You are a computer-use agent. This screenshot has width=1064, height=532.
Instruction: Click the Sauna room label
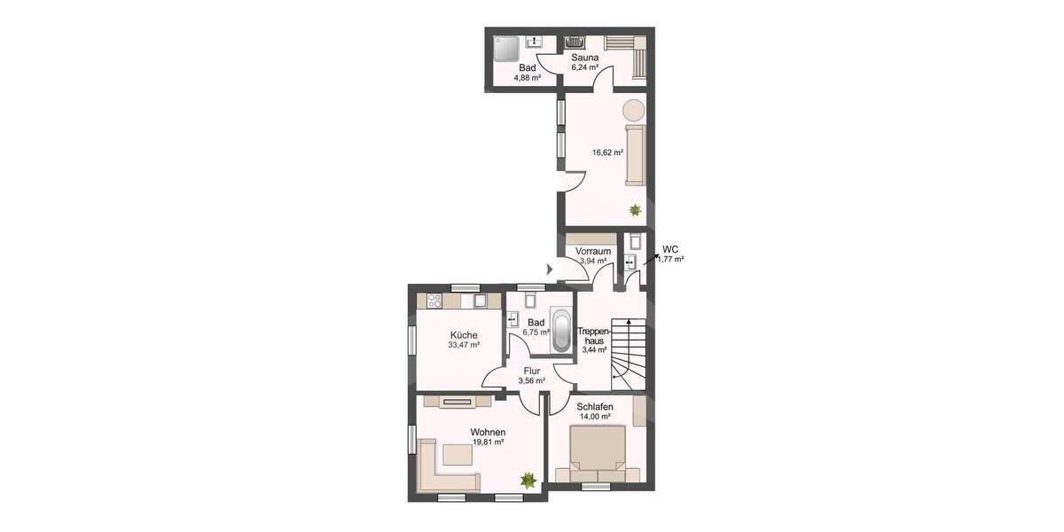pos(584,58)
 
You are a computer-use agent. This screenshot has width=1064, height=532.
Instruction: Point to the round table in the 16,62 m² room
pos(633,110)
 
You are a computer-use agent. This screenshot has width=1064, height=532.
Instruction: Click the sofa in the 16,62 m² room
pos(635,155)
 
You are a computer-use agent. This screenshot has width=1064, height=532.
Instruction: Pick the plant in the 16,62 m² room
pos(634,210)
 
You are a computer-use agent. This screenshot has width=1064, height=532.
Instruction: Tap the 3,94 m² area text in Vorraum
pos(592,262)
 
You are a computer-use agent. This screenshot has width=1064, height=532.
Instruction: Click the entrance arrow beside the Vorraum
pos(550,269)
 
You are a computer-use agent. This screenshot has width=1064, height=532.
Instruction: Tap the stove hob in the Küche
pos(434,301)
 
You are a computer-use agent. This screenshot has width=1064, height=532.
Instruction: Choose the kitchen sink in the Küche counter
pos(479,301)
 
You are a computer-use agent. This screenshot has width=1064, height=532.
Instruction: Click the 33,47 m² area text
pos(463,345)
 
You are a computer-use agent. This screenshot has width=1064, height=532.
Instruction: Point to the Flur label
pos(531,371)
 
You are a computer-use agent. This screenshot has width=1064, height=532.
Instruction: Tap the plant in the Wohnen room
pos(528,480)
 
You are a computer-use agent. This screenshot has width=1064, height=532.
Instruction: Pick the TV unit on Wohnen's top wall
pos(458,402)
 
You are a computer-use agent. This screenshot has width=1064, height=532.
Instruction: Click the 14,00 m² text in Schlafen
pos(594,416)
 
